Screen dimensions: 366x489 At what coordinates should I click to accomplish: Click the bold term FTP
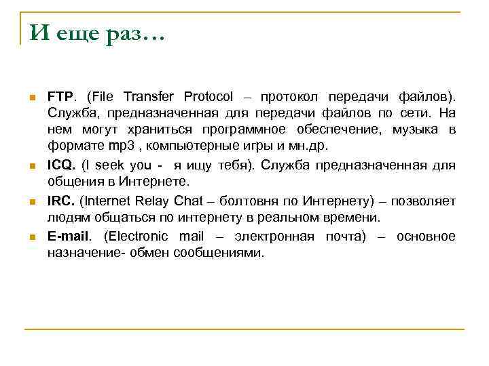pos(62,96)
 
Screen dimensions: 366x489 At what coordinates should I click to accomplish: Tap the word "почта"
pos(340,237)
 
